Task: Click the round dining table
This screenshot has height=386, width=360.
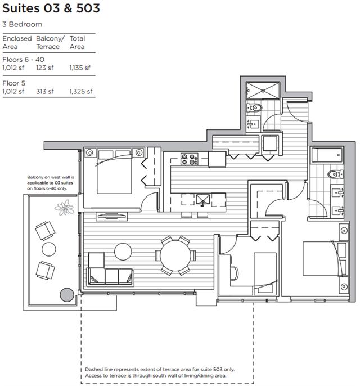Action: (175, 255)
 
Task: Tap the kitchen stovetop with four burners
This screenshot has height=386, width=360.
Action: (189, 159)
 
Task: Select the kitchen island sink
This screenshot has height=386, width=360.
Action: (203, 200)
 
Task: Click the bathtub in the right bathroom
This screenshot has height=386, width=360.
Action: (327, 155)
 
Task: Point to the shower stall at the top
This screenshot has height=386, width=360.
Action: (263, 91)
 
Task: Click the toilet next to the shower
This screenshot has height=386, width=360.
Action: (254, 107)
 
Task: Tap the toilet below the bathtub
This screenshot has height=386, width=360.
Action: (335, 174)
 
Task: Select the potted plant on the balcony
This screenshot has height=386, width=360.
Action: (65, 207)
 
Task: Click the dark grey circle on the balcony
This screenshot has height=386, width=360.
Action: (67, 295)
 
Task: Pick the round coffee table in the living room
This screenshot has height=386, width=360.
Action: (123, 252)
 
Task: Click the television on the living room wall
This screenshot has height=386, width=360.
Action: (112, 216)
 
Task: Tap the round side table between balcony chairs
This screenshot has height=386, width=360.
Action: (49, 249)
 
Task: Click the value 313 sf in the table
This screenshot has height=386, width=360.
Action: (45, 91)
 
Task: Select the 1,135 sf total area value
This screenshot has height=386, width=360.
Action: (80, 68)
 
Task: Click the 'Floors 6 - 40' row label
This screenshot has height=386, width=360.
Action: (24, 59)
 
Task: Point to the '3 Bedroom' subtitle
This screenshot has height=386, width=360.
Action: (22, 24)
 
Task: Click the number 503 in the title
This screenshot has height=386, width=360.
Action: (88, 8)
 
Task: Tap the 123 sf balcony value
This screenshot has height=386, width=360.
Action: (45, 68)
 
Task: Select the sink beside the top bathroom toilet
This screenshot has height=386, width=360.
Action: (253, 124)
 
